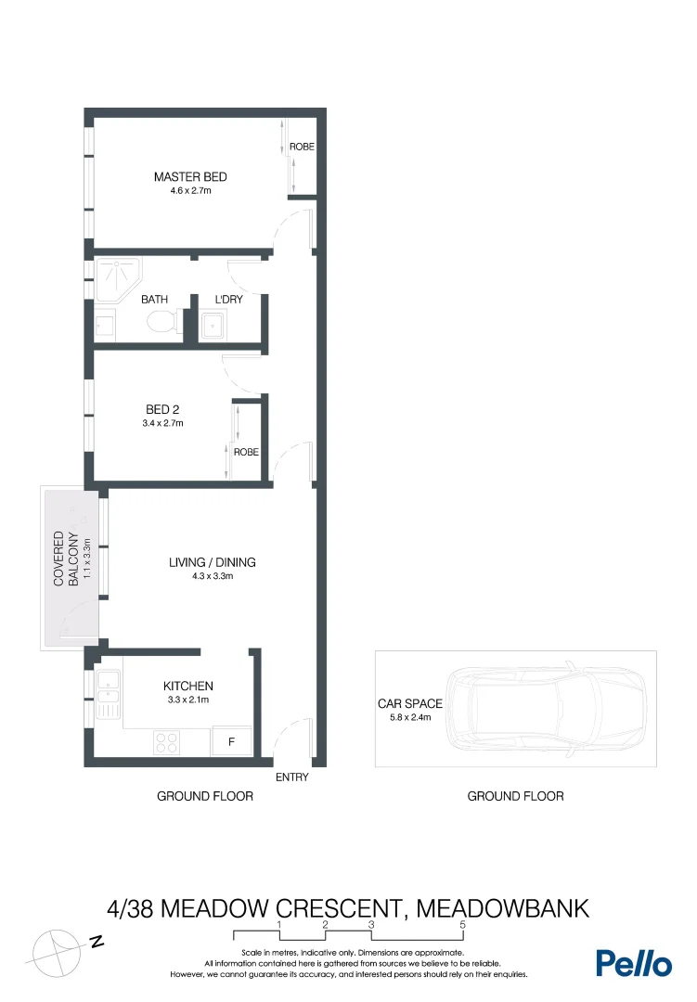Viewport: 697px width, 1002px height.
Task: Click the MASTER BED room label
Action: (x=190, y=177)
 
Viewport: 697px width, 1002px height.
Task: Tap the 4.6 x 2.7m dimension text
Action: (x=190, y=191)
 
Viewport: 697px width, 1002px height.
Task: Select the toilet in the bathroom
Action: (x=163, y=322)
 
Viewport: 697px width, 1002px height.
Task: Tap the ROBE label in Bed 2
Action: (x=246, y=453)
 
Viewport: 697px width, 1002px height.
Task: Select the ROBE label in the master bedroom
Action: (x=302, y=148)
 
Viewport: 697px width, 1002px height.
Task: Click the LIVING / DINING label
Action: (x=212, y=562)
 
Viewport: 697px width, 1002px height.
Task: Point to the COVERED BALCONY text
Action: (x=64, y=559)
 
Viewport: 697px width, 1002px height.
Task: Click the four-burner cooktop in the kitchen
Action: (x=166, y=742)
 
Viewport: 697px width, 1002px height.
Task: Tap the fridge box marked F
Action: (x=231, y=741)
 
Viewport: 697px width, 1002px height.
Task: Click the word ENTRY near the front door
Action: (x=291, y=777)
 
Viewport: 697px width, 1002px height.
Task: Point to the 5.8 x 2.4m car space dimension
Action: (x=409, y=717)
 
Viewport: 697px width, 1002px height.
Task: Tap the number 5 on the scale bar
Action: (x=462, y=925)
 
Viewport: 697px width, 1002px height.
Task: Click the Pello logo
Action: (x=633, y=963)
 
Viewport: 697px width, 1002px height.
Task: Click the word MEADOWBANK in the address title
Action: (x=502, y=907)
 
